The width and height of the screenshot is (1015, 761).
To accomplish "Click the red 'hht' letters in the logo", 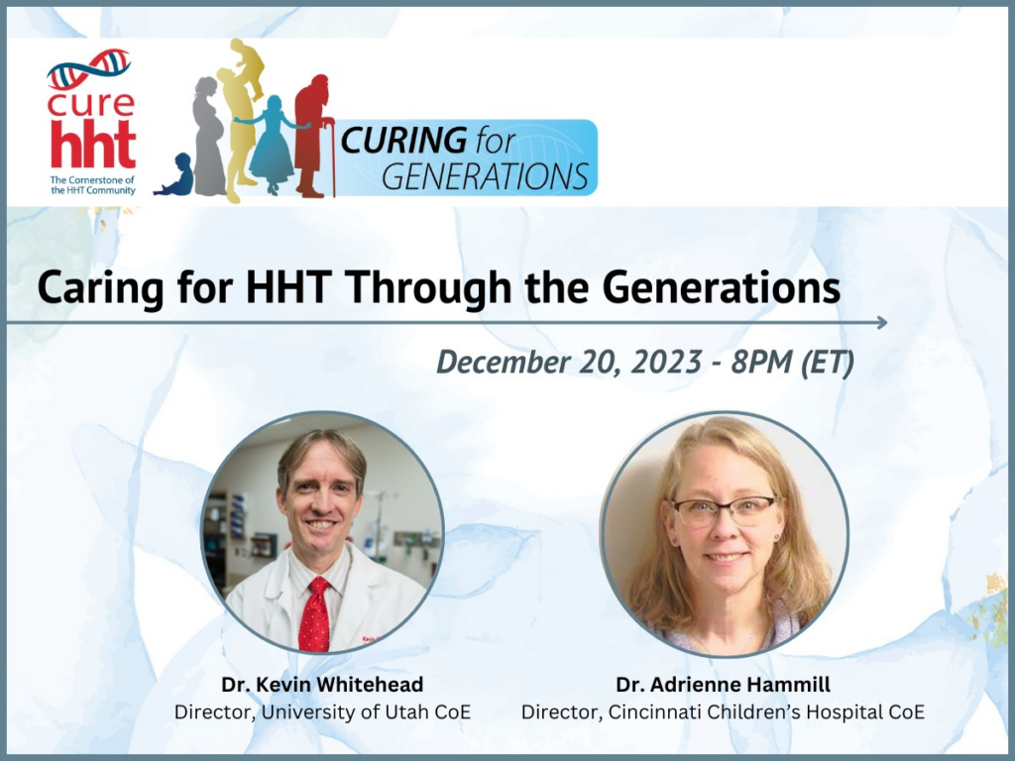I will [92, 147].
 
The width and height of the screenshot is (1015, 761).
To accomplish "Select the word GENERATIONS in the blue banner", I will [485, 175].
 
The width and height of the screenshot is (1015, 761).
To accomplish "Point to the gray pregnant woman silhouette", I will [208, 139].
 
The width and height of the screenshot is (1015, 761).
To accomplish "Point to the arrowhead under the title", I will [880, 322].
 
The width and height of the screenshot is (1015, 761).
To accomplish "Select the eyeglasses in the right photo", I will [724, 511].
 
